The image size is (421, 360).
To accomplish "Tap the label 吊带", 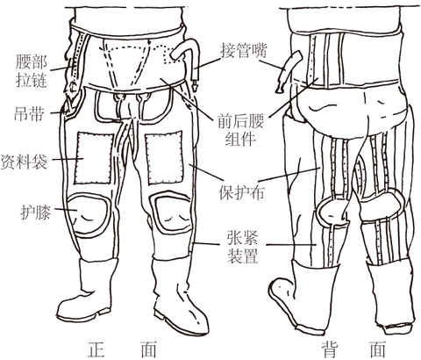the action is click(x=29, y=113).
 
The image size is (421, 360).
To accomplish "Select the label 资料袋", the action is click(x=24, y=162).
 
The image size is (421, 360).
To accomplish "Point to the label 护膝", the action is click(x=35, y=212).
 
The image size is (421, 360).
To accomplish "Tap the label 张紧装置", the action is click(x=243, y=248).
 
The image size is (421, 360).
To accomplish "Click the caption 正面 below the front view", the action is click(x=122, y=349).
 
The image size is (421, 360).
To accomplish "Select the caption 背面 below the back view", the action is click(x=353, y=349).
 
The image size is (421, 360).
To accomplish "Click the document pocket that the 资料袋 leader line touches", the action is click(x=94, y=158).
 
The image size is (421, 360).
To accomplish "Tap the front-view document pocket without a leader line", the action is click(x=164, y=158).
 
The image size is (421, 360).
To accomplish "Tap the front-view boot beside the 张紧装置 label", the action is click(x=178, y=297).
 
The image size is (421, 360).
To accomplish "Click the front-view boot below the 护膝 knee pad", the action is click(x=88, y=290).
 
